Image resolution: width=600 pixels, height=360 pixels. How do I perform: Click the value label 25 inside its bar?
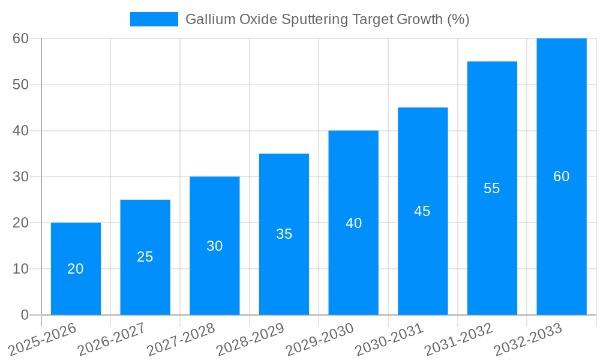145,257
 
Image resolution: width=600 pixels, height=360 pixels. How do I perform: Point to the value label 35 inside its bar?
284,234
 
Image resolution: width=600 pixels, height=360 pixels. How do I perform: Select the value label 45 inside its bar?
422,211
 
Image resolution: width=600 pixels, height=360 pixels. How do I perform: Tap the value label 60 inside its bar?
562,176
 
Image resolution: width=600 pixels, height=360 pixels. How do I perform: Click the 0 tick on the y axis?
25,314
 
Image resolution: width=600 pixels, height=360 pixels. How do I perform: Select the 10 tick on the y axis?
20,269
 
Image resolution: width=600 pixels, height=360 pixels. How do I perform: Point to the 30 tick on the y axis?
20,176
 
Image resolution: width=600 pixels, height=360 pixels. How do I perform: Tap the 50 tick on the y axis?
20,85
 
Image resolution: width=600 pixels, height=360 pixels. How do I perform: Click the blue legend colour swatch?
154,19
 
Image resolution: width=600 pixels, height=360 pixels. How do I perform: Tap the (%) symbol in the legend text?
458,19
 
